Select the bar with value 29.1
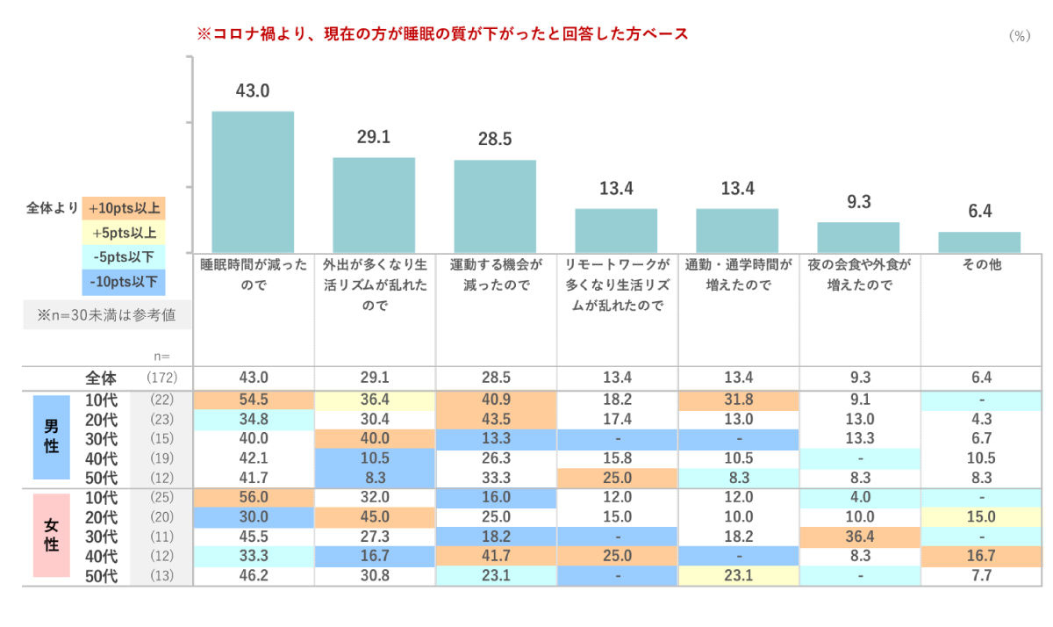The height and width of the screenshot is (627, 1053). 374,205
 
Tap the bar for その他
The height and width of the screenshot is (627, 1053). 979,242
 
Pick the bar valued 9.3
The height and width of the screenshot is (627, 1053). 858,237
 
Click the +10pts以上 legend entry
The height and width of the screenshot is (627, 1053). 124,209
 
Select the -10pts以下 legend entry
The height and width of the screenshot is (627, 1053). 124,282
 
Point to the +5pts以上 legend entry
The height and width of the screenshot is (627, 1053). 124,234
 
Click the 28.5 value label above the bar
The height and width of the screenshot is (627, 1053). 495,140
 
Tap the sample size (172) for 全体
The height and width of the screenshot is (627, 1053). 161,378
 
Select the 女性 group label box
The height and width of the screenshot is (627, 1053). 52,535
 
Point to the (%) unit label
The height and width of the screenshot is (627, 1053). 1019,35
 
